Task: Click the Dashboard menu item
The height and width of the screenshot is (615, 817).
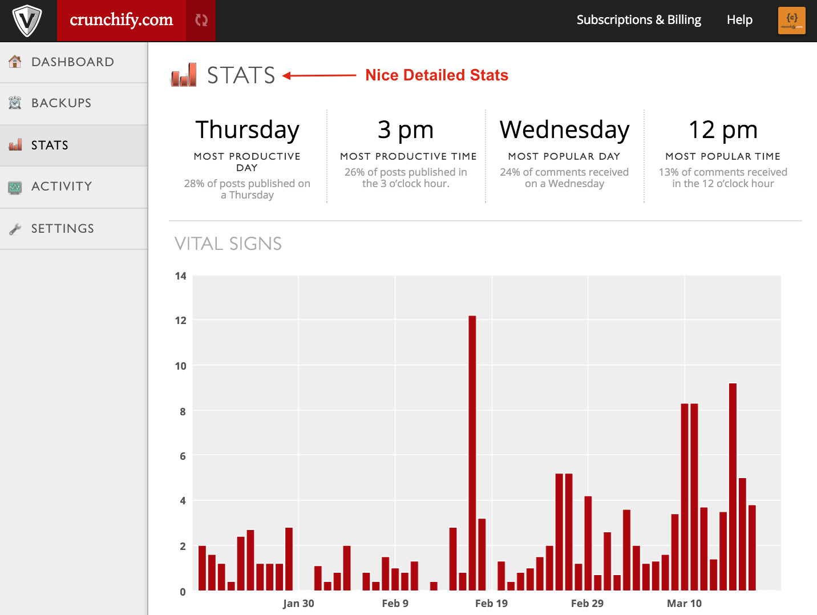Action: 72,62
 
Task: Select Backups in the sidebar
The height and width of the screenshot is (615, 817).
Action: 61,103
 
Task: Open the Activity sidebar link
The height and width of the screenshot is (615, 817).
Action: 62,187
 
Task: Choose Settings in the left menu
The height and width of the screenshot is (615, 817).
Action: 62,229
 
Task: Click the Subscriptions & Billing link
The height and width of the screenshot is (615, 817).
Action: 638,20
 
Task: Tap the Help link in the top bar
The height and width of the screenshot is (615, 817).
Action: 739,20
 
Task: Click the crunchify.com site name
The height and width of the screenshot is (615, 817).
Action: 121,20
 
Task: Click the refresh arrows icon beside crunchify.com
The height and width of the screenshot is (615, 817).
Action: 201,21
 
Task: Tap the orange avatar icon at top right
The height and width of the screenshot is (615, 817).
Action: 791,21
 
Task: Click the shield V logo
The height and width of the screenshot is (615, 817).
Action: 27,21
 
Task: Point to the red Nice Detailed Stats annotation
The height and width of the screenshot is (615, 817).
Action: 436,75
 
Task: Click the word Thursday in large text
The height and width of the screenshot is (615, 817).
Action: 247,130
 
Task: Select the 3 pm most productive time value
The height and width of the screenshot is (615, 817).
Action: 406,130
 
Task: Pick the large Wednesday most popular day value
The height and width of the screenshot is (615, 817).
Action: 564,130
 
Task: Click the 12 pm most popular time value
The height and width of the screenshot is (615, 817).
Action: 723,130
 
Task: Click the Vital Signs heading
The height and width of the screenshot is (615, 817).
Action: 228,244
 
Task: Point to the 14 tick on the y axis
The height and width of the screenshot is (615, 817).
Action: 181,276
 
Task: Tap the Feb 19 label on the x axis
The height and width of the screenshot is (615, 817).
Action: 491,604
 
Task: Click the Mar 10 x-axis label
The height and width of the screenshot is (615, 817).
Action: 684,604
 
